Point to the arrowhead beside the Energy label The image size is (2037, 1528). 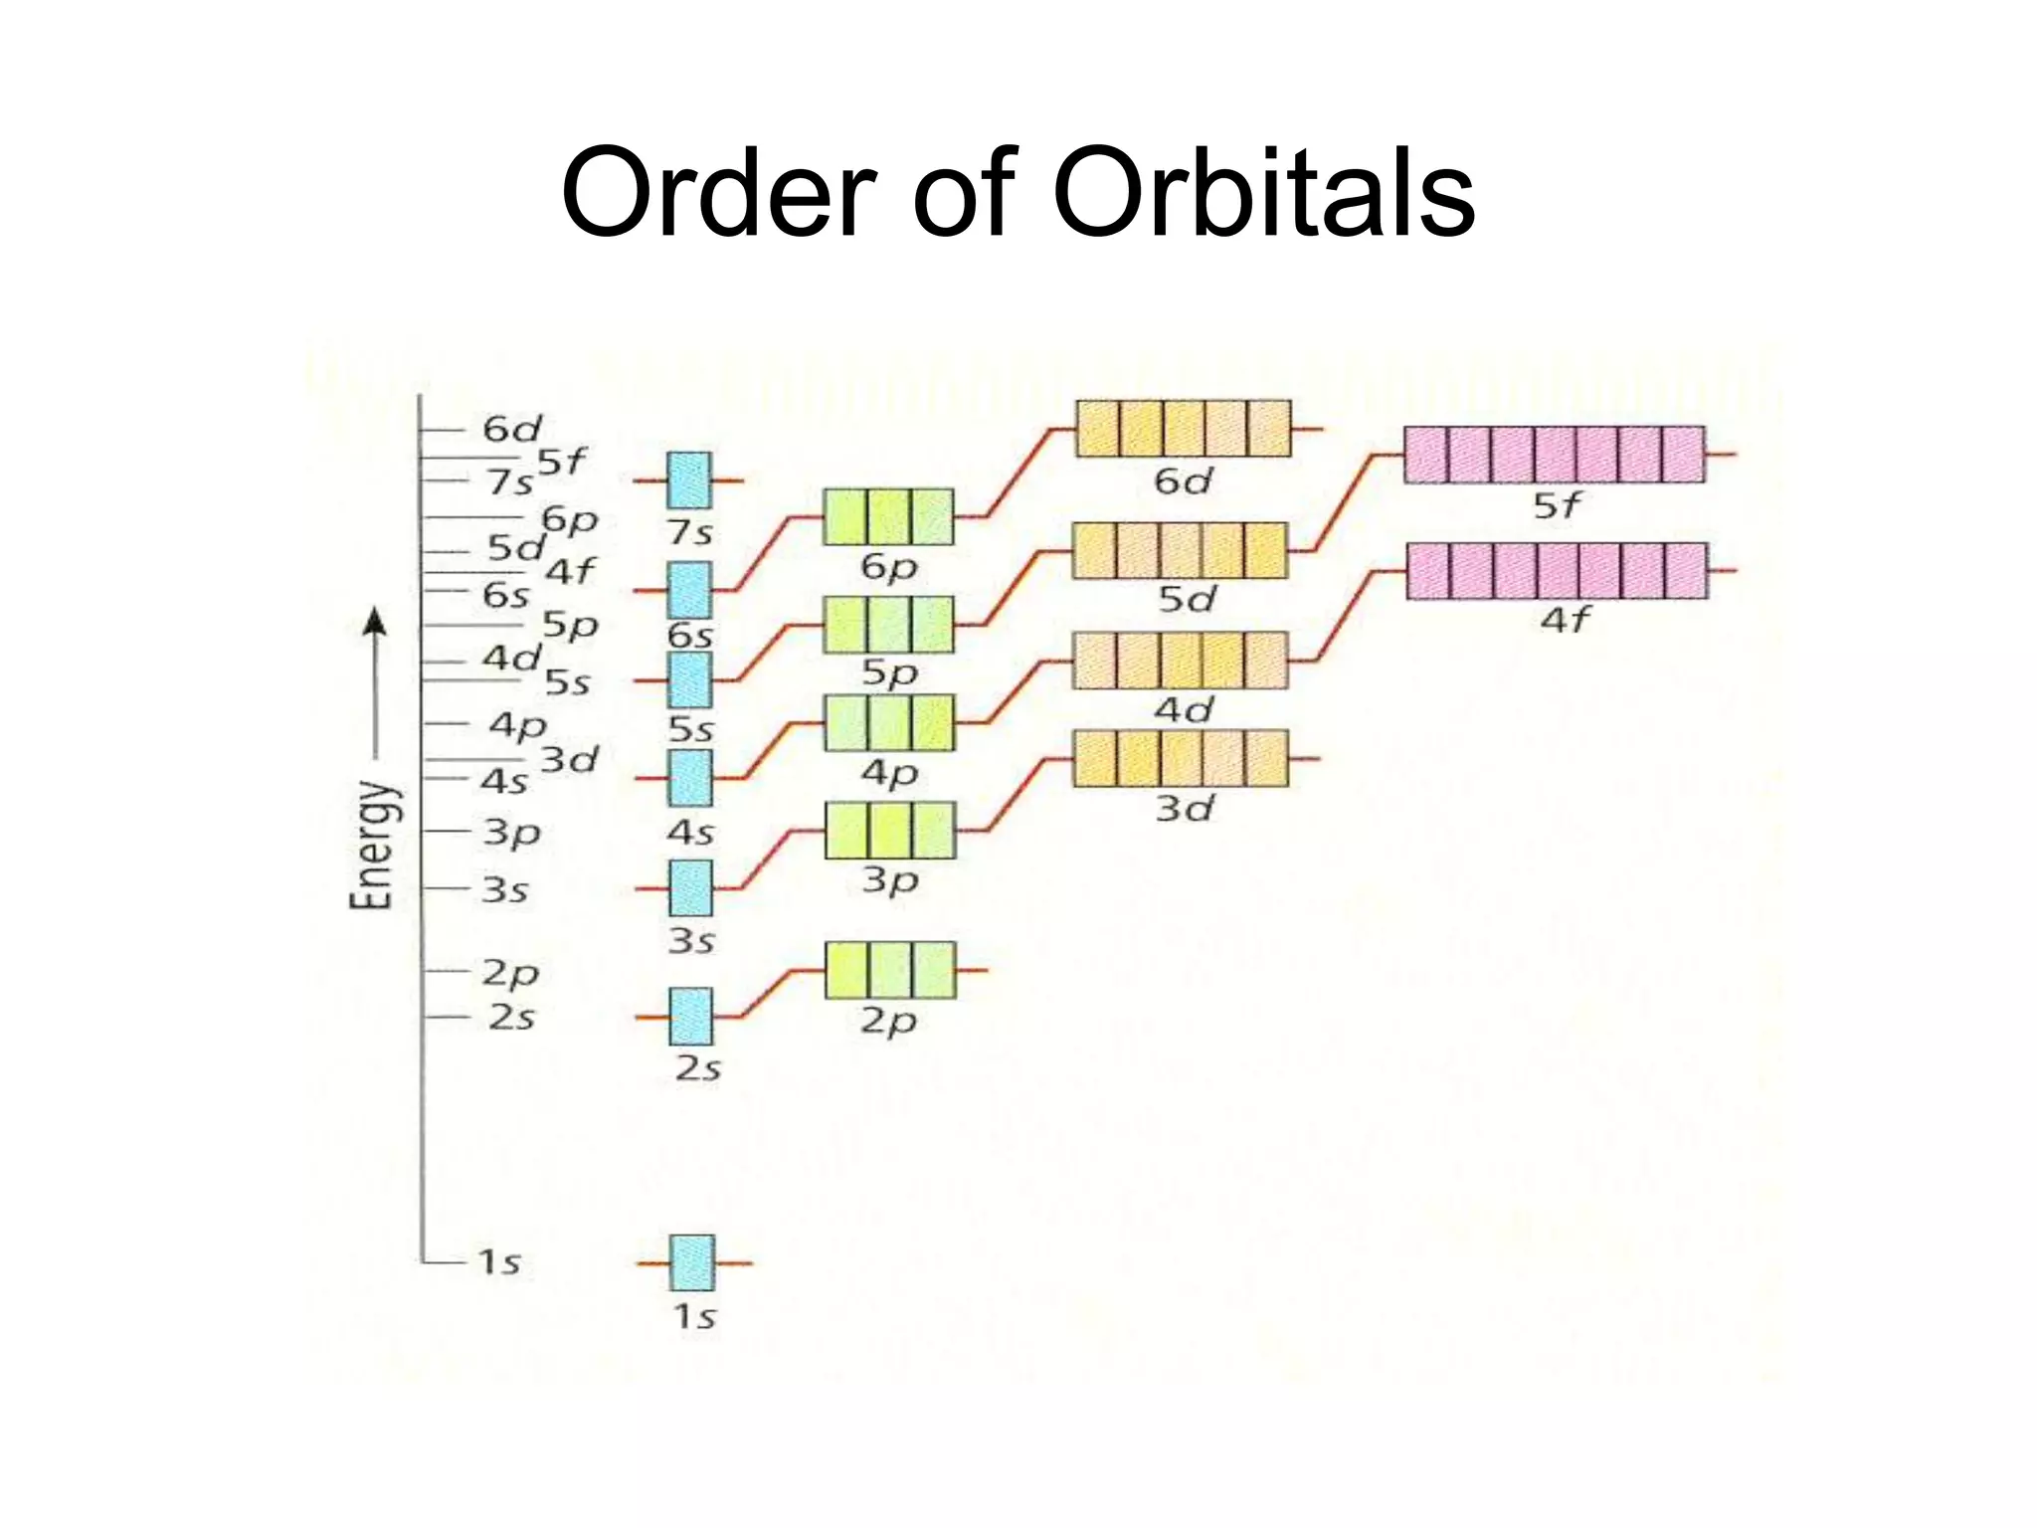(x=374, y=622)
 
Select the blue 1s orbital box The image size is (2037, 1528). (x=691, y=1262)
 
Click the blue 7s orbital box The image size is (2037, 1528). (x=688, y=479)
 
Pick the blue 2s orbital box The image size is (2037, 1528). (x=690, y=1017)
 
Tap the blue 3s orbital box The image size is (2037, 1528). (x=690, y=887)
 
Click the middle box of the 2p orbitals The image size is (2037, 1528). (x=890, y=970)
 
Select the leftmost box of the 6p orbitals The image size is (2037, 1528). (x=845, y=516)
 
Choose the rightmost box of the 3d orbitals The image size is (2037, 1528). (x=1266, y=758)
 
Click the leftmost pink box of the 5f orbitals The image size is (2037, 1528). (x=1426, y=455)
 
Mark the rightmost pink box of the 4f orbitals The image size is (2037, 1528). (x=1686, y=571)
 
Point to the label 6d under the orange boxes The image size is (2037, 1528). (x=1183, y=481)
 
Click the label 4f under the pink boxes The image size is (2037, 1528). (x=1566, y=620)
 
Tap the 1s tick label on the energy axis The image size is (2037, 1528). (x=499, y=1262)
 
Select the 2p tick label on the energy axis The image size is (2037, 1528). (x=510, y=973)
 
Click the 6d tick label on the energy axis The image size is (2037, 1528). (x=511, y=429)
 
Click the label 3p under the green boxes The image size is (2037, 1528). (x=889, y=880)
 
